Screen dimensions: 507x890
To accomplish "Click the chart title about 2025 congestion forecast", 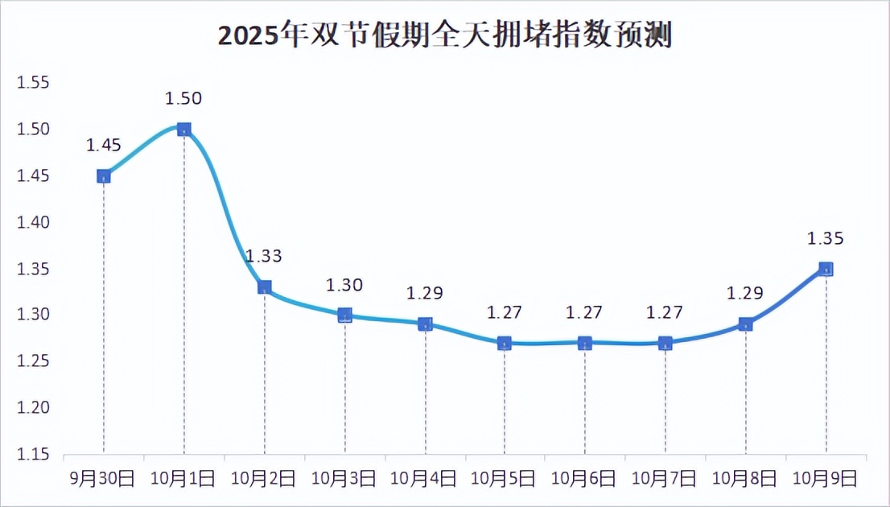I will click(444, 35).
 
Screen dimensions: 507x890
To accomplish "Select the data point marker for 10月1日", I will click(183, 129).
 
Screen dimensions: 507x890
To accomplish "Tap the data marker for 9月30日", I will click(104, 175).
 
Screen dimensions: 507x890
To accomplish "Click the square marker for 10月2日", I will click(264, 286).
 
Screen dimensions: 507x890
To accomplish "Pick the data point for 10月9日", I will click(826, 269).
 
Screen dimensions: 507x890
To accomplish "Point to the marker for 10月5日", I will click(505, 343).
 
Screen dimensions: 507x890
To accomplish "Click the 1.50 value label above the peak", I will click(183, 98).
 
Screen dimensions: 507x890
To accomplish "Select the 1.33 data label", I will click(263, 256).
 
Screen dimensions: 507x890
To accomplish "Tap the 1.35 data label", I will click(826, 238).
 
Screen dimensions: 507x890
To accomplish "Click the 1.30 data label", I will click(344, 284).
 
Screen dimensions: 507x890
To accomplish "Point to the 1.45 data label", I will click(104, 145).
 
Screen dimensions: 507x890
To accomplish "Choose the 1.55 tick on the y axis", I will click(34, 83).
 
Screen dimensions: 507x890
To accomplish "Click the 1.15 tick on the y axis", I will click(34, 455).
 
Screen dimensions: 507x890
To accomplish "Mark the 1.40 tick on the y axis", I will click(34, 222).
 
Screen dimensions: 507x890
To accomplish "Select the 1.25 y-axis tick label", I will click(34, 362).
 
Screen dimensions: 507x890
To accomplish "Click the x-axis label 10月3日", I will click(344, 479).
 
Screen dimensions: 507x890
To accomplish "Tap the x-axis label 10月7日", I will click(665, 479).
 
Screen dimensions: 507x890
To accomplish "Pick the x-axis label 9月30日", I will click(104, 479).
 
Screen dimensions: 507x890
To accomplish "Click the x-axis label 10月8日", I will click(745, 479).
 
